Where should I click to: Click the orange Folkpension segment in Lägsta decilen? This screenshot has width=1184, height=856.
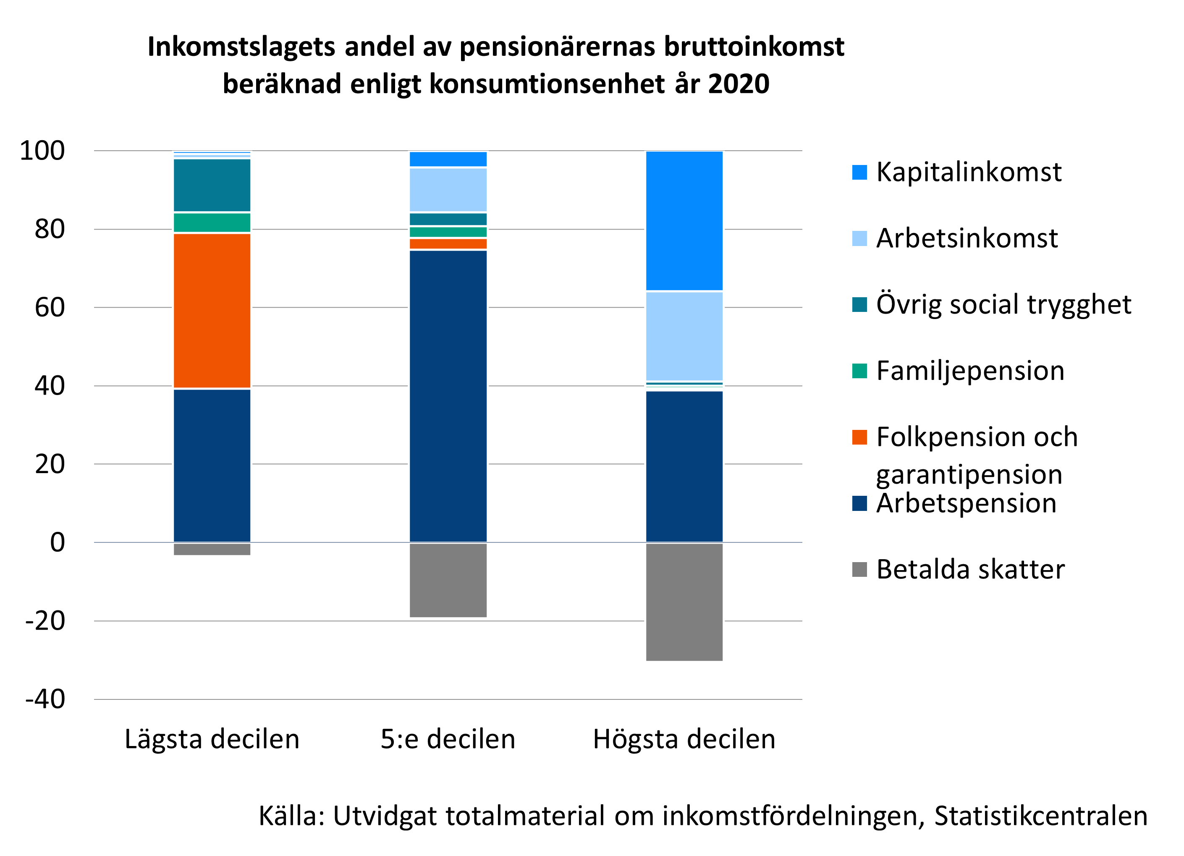point(212,311)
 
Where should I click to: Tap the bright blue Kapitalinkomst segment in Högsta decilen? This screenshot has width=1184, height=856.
point(684,221)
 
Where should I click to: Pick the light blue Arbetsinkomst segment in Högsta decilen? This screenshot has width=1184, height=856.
point(684,336)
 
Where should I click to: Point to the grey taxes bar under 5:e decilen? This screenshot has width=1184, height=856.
point(448,580)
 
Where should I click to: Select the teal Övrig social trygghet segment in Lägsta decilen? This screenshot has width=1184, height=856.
point(212,185)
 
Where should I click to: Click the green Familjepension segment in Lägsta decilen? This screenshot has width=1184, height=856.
point(212,223)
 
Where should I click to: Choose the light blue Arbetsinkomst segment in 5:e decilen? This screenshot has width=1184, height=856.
point(448,189)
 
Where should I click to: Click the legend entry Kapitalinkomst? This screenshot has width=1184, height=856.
point(968,172)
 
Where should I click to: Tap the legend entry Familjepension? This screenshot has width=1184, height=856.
point(970,371)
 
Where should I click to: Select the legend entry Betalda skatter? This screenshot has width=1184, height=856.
point(970,569)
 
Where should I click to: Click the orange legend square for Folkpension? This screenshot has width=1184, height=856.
point(859,437)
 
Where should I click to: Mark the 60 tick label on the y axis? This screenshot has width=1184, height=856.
point(50,307)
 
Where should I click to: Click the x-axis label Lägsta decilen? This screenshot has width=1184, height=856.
point(212,739)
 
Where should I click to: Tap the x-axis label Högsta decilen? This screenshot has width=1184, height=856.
point(684,739)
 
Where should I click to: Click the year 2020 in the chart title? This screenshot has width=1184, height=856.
point(738,84)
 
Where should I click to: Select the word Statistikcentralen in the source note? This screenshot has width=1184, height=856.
point(1040,816)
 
